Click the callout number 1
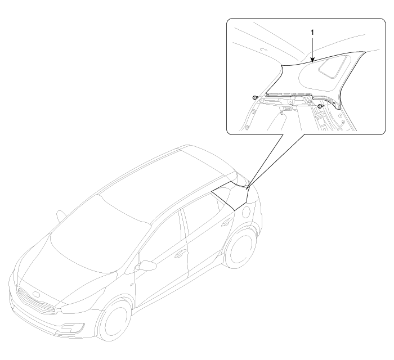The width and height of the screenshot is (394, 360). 312,33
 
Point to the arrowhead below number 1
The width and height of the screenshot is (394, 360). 312,60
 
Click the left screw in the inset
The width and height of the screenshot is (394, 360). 255,97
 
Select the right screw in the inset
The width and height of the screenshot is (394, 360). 320,106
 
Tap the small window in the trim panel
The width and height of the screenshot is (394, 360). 334,67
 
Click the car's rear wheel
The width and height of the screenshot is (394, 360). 239,247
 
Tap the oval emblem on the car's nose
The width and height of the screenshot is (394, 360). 37,294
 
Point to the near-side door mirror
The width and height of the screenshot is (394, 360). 146,265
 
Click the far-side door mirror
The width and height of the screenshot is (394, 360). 61,216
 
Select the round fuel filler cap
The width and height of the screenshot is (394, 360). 246,212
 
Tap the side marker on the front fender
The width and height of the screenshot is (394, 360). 132,285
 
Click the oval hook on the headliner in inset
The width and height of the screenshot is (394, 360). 263,49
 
